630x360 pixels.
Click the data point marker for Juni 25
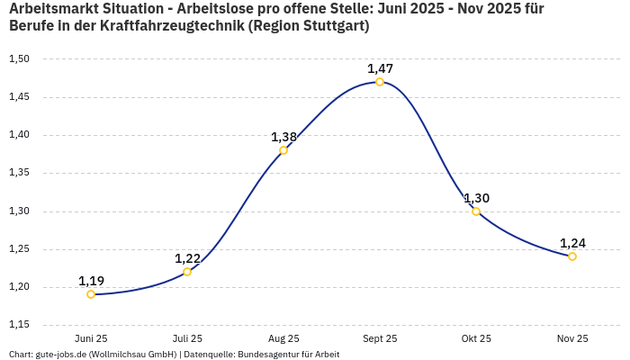coord(91,294)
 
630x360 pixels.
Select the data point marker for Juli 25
coord(187,272)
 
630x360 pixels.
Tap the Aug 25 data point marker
coord(283,150)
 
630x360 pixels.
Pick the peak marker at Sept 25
coord(380,82)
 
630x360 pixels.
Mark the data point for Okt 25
coord(476,211)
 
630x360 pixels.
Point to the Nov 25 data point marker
coord(572,256)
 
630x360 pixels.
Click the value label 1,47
coord(380,68)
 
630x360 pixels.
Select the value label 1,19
coord(91,281)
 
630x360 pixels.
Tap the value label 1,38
coord(283,137)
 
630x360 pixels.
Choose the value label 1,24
coord(572,243)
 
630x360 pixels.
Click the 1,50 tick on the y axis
coord(19,59)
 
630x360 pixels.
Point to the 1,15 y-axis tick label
coord(19,325)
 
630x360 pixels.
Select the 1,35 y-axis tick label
coord(19,173)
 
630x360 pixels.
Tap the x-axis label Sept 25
coord(380,338)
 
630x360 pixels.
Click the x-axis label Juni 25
coord(91,338)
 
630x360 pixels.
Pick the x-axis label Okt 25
coord(476,338)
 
